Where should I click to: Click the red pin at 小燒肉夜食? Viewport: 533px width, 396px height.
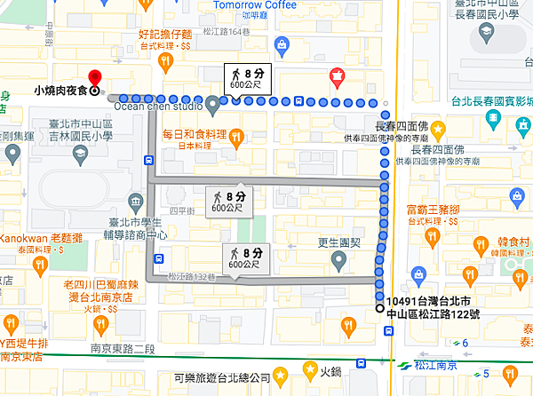coord(95,75)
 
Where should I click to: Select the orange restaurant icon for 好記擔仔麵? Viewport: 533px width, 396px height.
coord(164,60)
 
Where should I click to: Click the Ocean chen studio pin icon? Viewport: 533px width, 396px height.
coord(213,107)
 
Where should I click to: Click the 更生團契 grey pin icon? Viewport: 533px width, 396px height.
coord(338,260)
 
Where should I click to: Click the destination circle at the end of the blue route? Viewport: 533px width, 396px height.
coord(379,308)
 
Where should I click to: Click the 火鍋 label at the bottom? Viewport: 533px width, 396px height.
coord(330,373)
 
